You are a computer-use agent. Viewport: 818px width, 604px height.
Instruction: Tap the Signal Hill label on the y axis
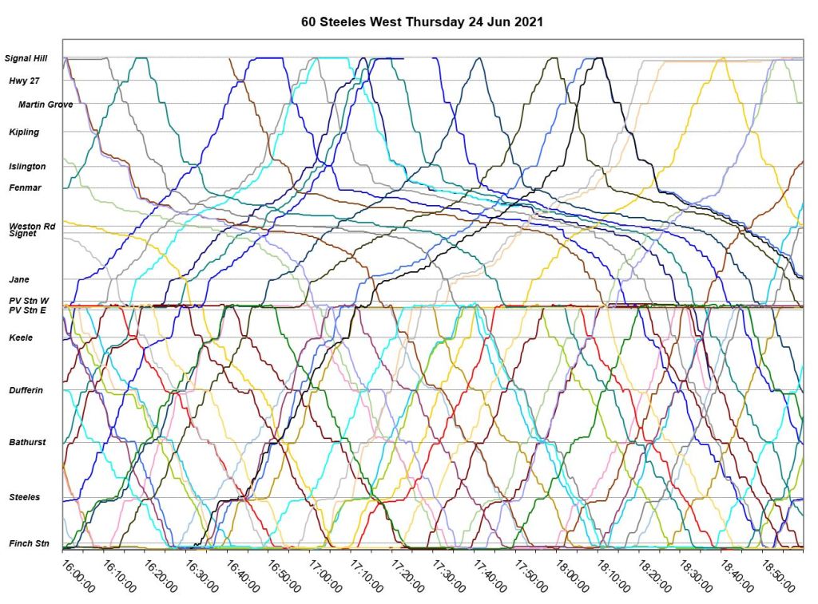click(26, 58)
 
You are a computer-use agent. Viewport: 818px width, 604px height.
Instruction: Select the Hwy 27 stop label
click(24, 81)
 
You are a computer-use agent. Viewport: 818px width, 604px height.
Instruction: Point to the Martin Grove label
click(46, 105)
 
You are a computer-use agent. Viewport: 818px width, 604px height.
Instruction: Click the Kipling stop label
click(24, 132)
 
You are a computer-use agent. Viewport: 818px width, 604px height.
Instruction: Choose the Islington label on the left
click(27, 167)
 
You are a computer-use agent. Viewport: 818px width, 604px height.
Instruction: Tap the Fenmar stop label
click(25, 188)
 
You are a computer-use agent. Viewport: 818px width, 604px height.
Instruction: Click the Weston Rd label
click(32, 227)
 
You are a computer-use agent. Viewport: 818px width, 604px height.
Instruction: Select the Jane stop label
click(19, 279)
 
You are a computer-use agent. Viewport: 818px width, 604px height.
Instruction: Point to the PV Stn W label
click(29, 301)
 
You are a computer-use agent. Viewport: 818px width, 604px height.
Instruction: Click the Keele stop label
click(21, 338)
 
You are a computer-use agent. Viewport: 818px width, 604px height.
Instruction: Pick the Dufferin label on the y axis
click(26, 390)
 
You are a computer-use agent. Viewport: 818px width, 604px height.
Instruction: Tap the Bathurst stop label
click(27, 442)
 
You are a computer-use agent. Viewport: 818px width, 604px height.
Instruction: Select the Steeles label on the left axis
click(25, 497)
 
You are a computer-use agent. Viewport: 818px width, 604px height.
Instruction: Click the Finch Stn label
click(28, 543)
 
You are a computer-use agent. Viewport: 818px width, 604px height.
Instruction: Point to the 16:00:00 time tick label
click(77, 576)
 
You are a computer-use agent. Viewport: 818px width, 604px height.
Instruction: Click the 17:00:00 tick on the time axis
click(324, 576)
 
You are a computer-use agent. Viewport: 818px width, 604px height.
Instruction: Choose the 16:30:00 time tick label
click(201, 576)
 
